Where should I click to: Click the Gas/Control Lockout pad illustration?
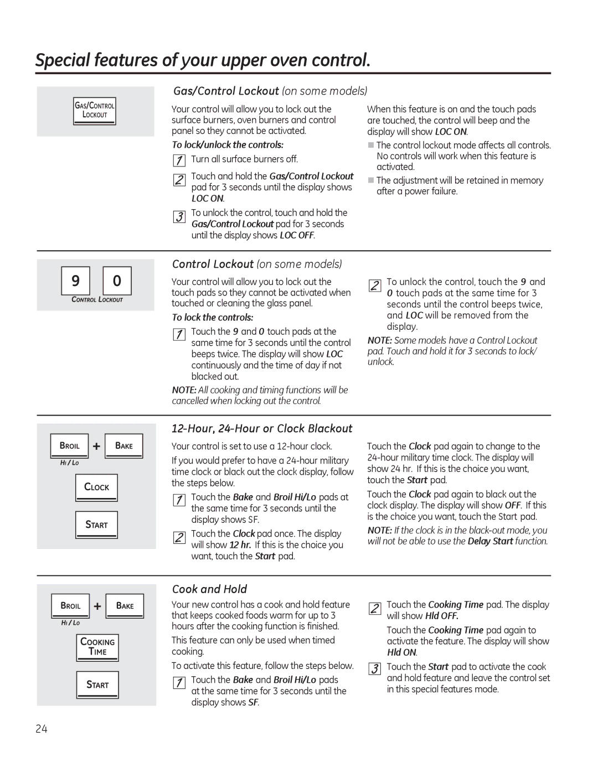tap(95, 111)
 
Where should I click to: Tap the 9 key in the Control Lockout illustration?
tap(75, 281)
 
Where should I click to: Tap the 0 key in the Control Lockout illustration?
tap(117, 281)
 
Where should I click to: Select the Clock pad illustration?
tap(96, 487)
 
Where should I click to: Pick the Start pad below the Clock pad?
tap(96, 525)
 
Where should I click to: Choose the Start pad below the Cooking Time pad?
tap(97, 685)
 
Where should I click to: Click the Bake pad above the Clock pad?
tap(124, 446)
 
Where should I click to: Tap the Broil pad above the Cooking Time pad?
tap(70, 606)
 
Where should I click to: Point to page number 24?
tap(42, 729)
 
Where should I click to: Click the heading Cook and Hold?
tap(209, 589)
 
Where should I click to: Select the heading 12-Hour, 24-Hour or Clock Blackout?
tap(262, 429)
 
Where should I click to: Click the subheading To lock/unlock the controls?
tap(228, 145)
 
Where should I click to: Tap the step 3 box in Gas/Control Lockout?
tap(179, 217)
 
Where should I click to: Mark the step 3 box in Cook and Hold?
tap(375, 669)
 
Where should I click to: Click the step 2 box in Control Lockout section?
tap(375, 286)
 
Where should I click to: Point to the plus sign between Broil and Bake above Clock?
tap(96, 447)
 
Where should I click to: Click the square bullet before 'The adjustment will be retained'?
tap(371, 180)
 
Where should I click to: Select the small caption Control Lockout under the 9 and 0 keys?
tap(97, 300)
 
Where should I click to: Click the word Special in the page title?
tap(63, 60)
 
